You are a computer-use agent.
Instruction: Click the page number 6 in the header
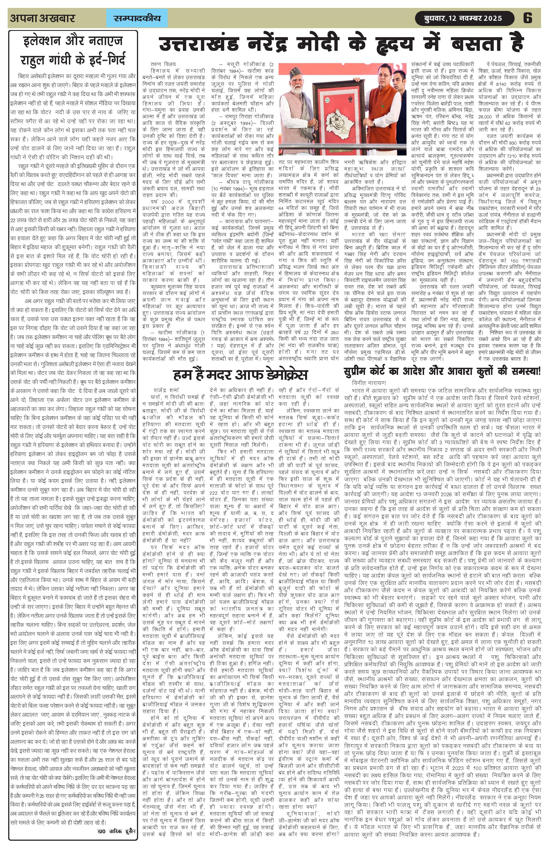click(528, 18)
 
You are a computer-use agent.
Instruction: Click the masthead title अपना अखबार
click(43, 18)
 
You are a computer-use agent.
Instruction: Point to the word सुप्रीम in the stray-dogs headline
click(360, 372)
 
